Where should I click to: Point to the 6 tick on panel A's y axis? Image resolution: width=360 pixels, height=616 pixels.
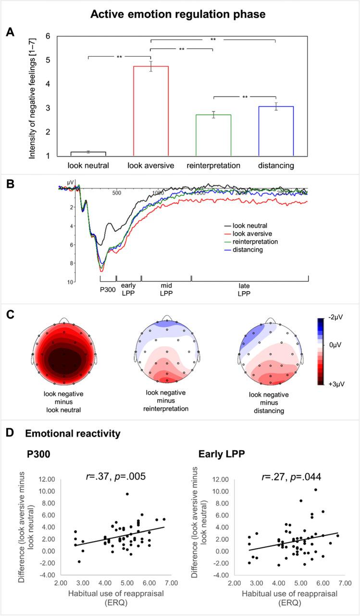coord(34,36)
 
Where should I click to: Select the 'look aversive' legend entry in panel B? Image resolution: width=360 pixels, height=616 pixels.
coord(249,233)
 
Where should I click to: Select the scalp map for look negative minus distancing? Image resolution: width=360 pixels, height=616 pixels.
coord(269,352)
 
